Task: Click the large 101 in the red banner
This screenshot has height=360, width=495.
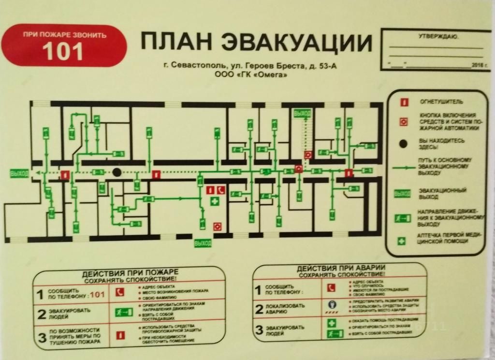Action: pos(64,51)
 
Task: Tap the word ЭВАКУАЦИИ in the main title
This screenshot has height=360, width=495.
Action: pos(296,43)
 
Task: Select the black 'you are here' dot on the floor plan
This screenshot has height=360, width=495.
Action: pos(116,172)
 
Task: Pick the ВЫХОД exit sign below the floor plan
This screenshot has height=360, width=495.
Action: pos(203,243)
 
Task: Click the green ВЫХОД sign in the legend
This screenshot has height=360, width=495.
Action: pos(402,194)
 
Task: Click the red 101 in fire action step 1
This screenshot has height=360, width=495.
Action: pos(98,294)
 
